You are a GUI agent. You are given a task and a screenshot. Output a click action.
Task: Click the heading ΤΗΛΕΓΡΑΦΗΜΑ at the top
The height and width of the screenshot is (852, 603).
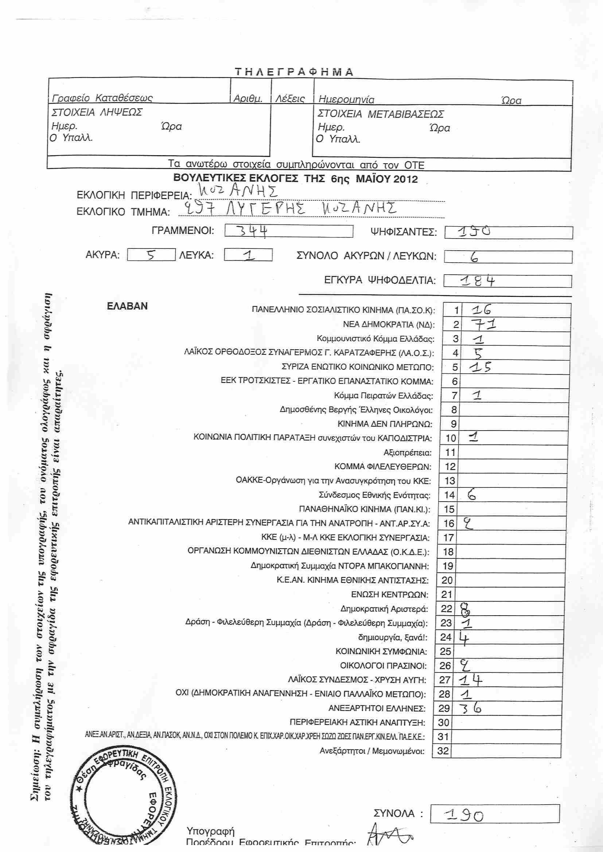click(294, 72)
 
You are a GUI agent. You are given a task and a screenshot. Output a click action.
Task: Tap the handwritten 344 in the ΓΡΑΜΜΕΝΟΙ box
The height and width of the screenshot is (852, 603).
click(253, 231)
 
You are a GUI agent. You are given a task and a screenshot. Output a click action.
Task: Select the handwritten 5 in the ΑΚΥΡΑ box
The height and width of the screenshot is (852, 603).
click(151, 255)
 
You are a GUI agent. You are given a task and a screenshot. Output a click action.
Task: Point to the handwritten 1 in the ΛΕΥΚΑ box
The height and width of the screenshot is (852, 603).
click(249, 255)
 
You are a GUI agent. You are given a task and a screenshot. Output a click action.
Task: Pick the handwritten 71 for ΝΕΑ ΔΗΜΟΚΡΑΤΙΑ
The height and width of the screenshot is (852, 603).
click(483, 325)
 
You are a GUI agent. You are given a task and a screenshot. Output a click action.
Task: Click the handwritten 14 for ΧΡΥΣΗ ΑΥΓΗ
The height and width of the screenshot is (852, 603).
click(471, 680)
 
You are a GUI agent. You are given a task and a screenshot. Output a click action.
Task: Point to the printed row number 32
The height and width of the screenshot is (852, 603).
click(443, 751)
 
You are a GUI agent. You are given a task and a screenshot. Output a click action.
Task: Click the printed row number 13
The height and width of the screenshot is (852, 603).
click(450, 481)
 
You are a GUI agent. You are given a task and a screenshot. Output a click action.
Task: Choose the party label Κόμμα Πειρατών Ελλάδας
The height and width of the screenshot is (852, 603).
click(383, 396)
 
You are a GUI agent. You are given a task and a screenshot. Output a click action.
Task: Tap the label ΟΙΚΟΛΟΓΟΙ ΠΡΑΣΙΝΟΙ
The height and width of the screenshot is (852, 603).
click(383, 666)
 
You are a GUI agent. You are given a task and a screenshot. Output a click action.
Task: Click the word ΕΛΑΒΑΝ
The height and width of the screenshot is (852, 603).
click(127, 306)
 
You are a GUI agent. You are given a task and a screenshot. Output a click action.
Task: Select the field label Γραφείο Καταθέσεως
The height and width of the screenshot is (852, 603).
click(102, 98)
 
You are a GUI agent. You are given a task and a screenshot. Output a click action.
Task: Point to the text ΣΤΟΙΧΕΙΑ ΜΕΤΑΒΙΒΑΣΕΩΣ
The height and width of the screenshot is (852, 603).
click(381, 114)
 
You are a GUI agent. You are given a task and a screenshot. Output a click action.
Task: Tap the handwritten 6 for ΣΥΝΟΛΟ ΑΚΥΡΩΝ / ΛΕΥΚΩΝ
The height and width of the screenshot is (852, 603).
click(474, 257)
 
